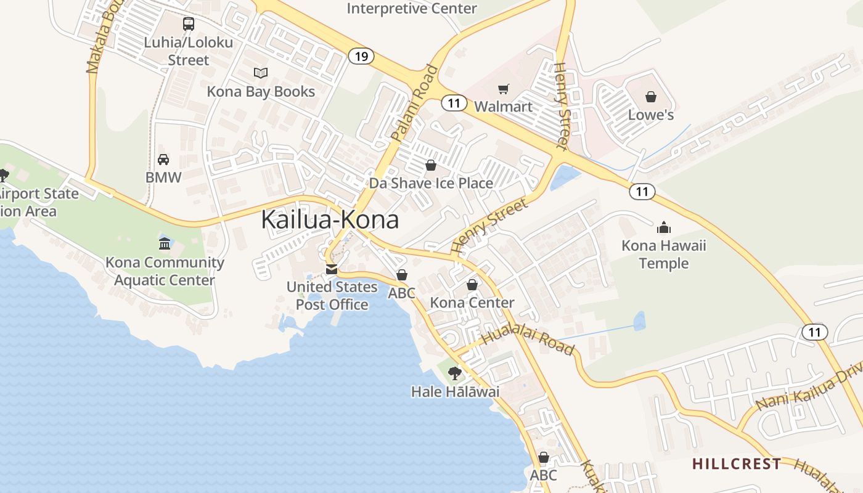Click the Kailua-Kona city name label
[330, 220]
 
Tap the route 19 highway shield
[361, 57]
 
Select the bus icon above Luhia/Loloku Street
[189, 24]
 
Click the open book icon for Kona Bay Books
[261, 73]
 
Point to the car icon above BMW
[163, 160]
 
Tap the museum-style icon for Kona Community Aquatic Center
[165, 243]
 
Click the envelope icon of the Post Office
[332, 269]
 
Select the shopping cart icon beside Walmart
[504, 89]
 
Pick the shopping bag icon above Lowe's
[651, 97]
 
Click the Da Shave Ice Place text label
[431, 183]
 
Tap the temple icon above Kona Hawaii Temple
[663, 227]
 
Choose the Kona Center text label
[472, 303]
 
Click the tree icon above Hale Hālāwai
[455, 373]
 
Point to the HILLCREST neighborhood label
[737, 463]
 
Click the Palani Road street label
[414, 103]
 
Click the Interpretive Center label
[412, 9]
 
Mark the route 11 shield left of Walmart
[454, 103]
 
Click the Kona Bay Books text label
[261, 92]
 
